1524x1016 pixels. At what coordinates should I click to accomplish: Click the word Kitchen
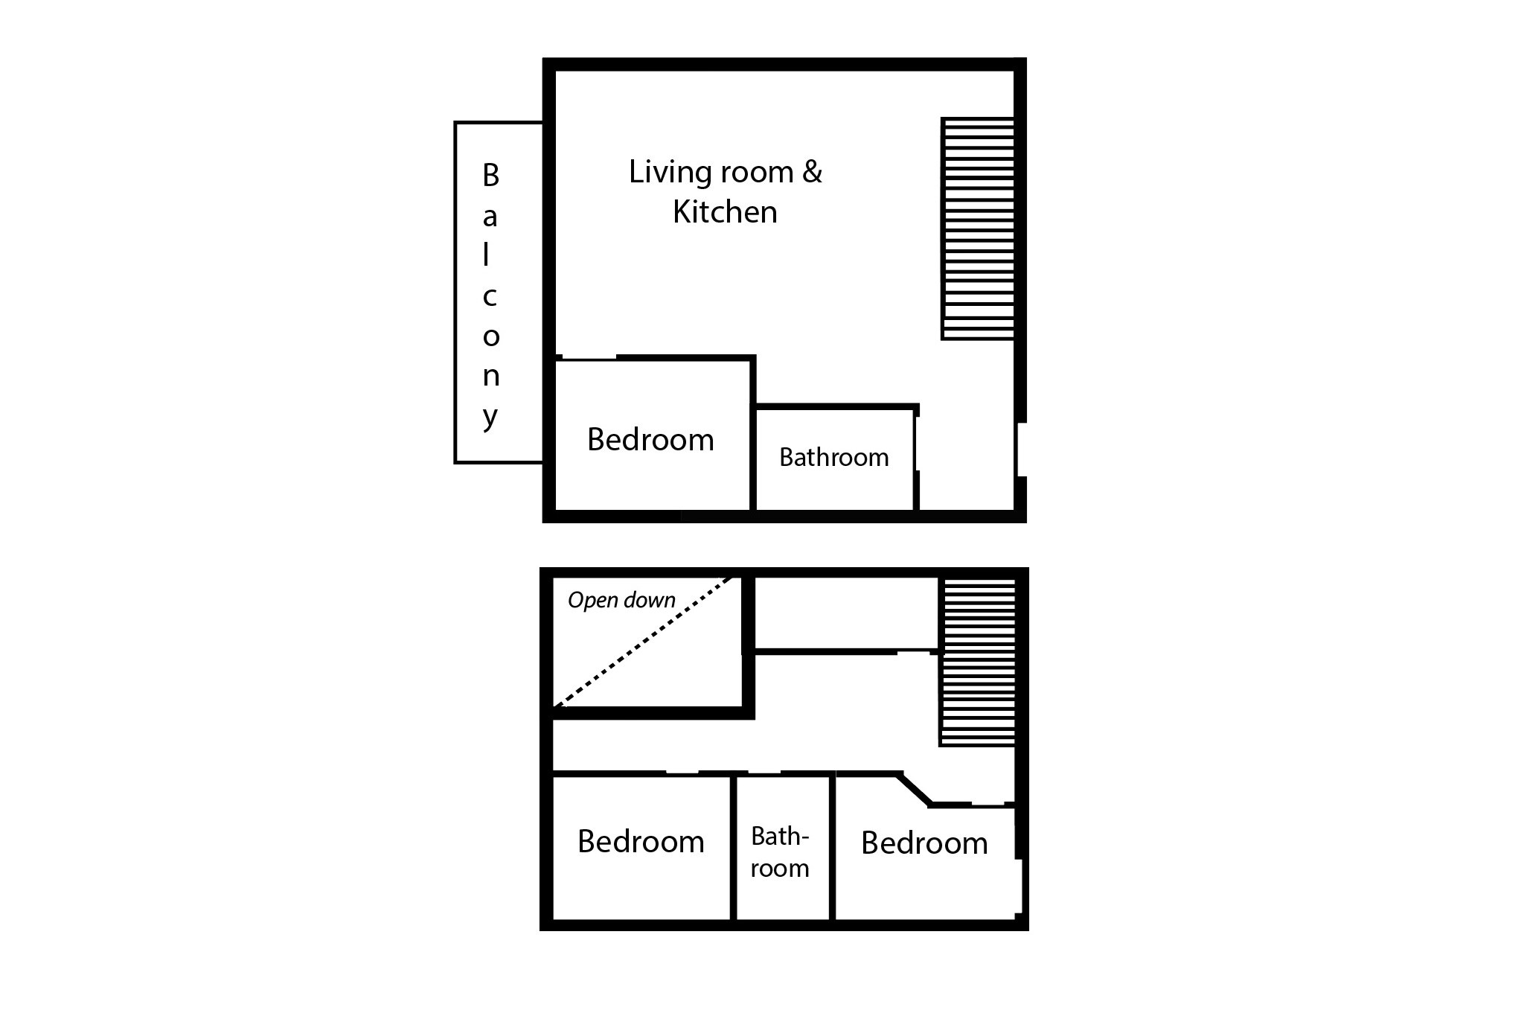point(725,212)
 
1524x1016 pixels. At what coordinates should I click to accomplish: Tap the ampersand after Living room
point(812,172)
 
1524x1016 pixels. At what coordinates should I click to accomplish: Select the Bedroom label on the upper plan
point(650,440)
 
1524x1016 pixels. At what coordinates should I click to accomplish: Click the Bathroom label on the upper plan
point(833,457)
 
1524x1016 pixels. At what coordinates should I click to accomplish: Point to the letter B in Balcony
point(490,176)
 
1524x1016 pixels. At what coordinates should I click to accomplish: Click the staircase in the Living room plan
point(978,229)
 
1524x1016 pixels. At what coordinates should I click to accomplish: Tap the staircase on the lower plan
point(977,662)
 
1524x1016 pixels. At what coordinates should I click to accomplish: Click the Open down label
point(621,600)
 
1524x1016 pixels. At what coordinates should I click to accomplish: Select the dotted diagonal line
point(644,641)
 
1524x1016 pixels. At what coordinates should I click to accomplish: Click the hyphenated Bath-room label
point(780,852)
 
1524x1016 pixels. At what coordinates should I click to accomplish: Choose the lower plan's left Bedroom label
point(641,842)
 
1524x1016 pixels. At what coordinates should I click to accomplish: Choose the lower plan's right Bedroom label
point(924,843)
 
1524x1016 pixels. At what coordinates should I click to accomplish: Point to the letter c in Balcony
point(490,297)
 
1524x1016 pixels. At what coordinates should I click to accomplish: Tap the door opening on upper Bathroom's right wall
point(916,444)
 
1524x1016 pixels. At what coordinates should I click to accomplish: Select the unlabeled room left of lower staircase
point(846,613)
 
